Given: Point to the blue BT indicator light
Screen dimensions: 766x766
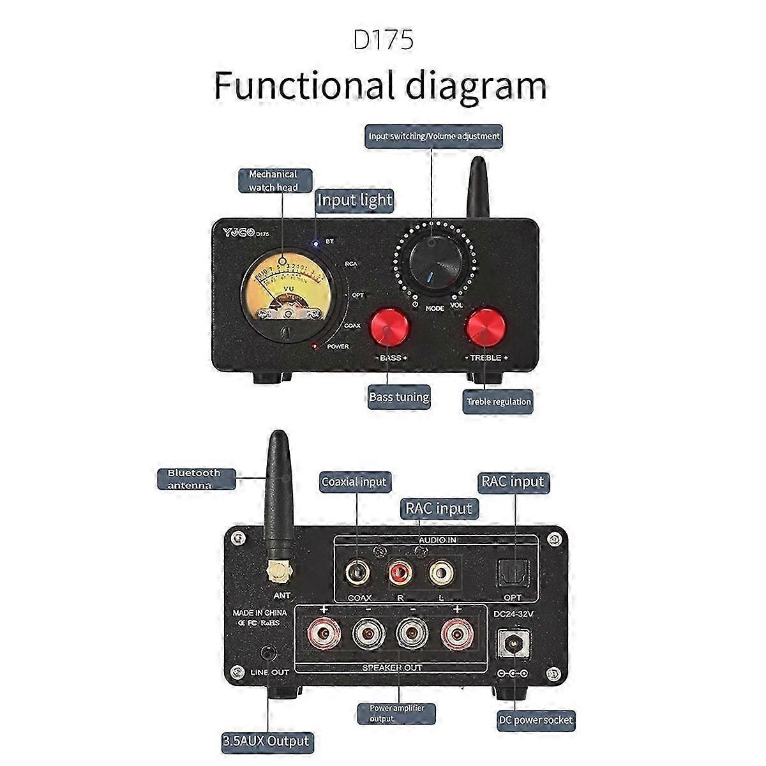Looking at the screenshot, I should point(315,242).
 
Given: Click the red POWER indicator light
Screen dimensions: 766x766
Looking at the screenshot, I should point(314,347).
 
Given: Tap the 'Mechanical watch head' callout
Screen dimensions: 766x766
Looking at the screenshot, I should point(273,180).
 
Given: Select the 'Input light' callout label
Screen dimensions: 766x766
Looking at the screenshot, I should point(355,200).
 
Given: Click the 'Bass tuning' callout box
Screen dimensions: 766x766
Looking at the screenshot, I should point(399,396).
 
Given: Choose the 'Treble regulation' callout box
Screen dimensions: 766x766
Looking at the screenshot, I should point(498,402).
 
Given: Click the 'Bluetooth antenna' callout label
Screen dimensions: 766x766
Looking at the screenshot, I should point(194,479).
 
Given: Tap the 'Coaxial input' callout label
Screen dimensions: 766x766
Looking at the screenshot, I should point(354,481).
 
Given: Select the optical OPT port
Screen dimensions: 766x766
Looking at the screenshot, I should point(513,569).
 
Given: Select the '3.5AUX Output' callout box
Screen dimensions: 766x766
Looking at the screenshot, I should point(266,741).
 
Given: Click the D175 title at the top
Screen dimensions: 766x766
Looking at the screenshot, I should point(383,39).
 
